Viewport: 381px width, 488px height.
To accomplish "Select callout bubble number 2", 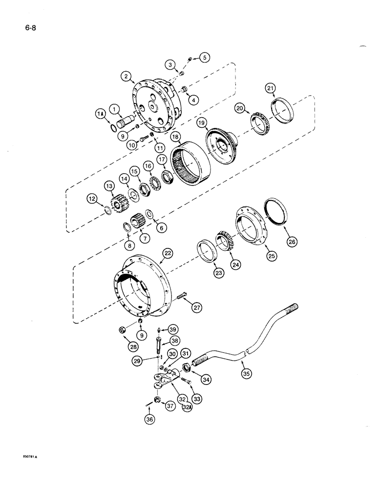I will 126,76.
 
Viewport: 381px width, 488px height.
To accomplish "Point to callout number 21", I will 271,88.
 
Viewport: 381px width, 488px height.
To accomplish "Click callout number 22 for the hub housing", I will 168,253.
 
